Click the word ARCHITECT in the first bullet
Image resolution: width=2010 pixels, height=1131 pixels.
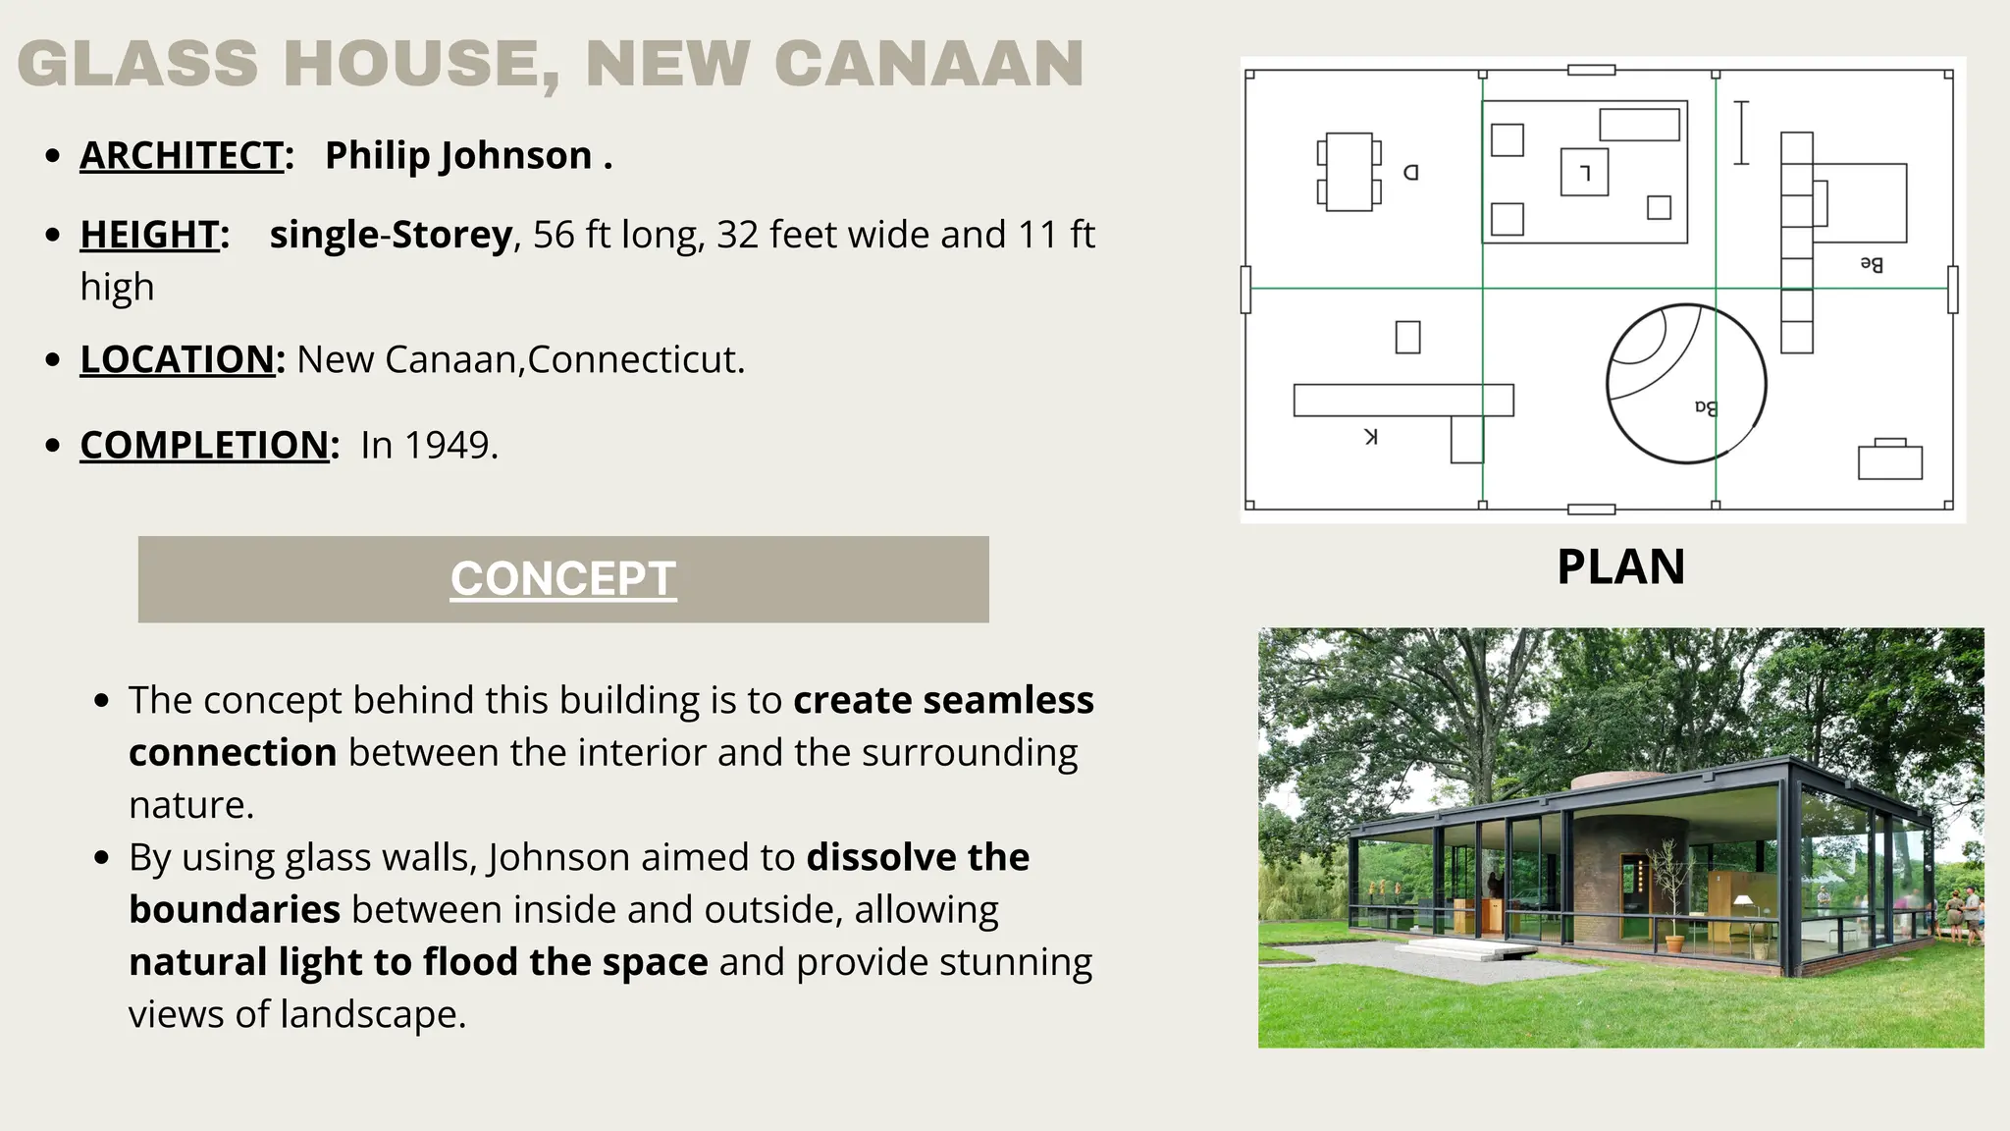coord(182,155)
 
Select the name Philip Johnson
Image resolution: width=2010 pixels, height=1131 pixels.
coord(458,155)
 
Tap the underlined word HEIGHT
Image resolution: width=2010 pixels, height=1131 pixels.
coord(149,235)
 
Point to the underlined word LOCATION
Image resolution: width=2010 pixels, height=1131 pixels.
coord(177,359)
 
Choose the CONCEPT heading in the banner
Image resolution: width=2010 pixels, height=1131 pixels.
coord(563,578)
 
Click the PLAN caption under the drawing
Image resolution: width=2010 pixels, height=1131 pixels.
coord(1620,566)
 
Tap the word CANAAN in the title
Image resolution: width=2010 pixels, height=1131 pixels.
coord(928,64)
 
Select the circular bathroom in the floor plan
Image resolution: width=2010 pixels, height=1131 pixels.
coord(1686,383)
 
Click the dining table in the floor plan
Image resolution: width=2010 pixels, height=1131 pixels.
coord(1349,172)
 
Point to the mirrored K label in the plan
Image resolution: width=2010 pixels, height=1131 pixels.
coord(1371,437)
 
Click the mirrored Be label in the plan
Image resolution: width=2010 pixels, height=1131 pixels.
coord(1872,264)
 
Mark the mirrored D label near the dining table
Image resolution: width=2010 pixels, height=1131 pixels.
coord(1411,173)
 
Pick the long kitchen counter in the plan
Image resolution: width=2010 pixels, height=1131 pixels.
coord(1402,400)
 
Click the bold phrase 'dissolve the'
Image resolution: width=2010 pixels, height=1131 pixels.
coord(918,857)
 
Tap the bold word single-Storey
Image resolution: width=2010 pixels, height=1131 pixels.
coord(391,235)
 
